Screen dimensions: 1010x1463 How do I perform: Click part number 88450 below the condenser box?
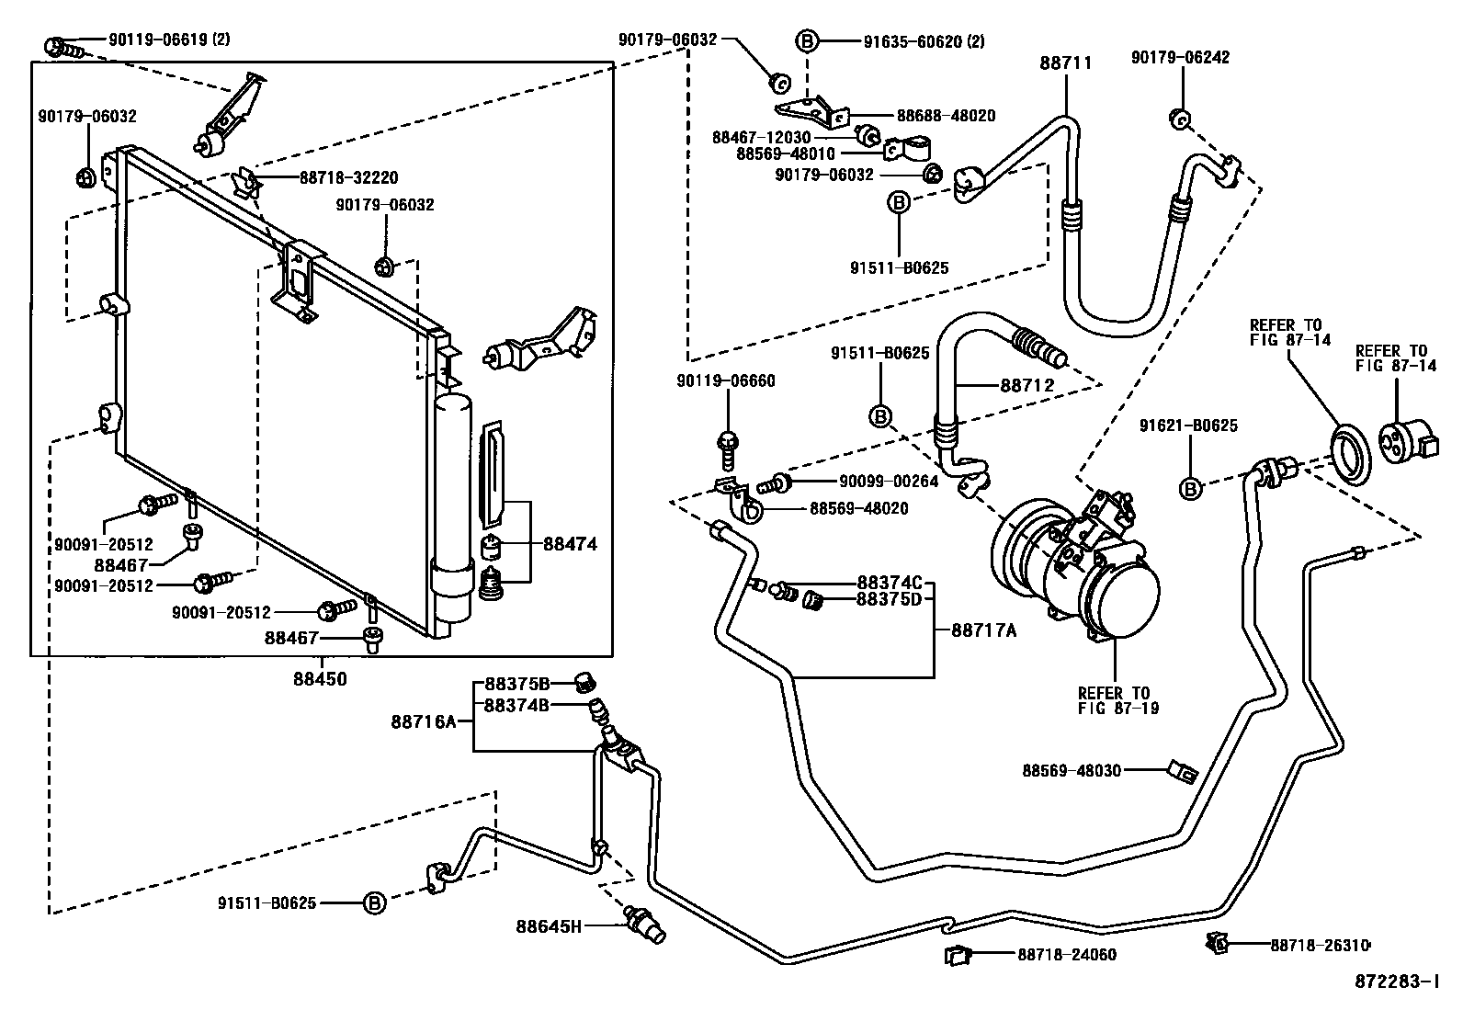321,679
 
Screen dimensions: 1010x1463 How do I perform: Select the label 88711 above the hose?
1066,63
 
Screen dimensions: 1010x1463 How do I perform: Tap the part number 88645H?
549,925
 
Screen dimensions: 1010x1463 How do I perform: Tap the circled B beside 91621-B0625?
1191,489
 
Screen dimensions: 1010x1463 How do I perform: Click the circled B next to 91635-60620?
806,40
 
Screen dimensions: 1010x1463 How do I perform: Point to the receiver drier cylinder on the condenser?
452,505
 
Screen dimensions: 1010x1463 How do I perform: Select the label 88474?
570,544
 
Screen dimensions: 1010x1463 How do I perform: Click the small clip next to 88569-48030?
1182,771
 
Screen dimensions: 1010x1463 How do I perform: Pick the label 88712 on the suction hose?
1026,385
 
